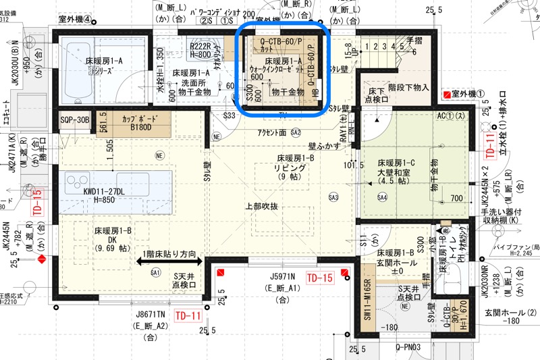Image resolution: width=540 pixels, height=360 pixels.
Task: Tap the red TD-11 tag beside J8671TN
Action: point(188,315)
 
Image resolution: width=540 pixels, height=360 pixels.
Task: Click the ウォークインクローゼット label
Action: point(277,69)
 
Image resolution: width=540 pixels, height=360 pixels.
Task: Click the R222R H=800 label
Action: point(200,50)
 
